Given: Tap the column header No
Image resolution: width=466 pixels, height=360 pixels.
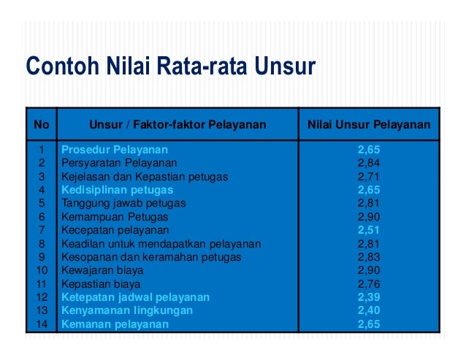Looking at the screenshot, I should click(x=42, y=125).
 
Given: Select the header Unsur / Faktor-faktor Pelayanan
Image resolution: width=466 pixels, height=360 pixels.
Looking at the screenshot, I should click(x=177, y=125).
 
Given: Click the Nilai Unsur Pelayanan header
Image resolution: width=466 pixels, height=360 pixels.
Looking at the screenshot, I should click(x=369, y=125).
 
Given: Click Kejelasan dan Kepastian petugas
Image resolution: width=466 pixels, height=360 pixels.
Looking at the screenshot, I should click(x=145, y=177).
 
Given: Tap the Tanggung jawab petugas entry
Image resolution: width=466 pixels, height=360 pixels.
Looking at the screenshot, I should click(x=123, y=203).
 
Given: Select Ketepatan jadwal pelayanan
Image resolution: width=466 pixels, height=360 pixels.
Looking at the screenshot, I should click(x=135, y=297).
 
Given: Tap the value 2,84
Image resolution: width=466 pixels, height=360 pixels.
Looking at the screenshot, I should click(x=369, y=163).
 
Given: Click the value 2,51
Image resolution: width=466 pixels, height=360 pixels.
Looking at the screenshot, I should click(x=369, y=230).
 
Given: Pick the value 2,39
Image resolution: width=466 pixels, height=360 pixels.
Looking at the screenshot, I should click(x=369, y=297).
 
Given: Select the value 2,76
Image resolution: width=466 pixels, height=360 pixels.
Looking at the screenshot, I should click(x=369, y=283).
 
